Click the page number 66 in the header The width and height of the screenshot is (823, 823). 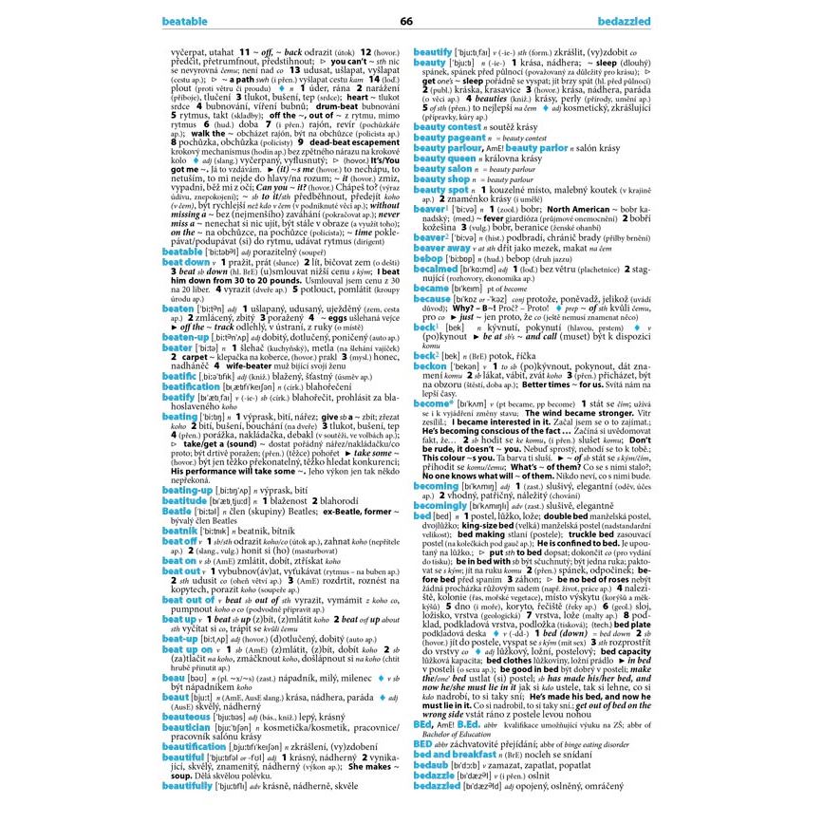coord(406,21)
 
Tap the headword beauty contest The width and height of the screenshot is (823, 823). coord(447,126)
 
